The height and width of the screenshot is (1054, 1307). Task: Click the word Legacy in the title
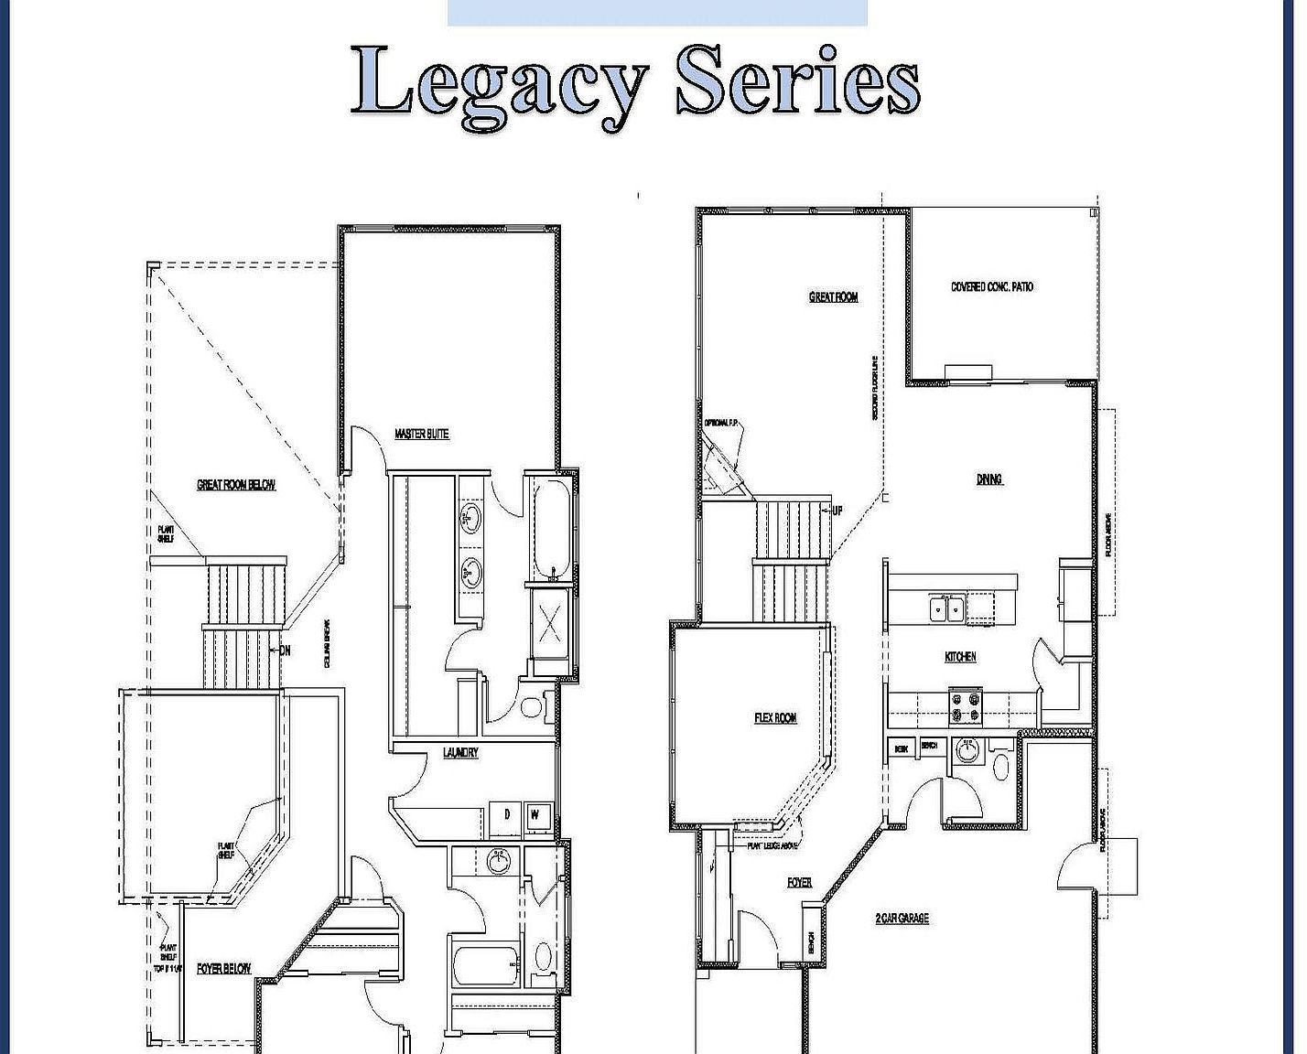tap(499, 84)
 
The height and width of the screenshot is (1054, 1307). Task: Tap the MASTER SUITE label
tap(422, 434)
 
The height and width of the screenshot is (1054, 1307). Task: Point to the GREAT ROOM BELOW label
tap(236, 485)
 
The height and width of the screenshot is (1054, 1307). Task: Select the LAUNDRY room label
tap(460, 753)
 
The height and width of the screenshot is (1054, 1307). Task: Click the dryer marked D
tap(505, 814)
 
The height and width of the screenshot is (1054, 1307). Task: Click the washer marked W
tap(536, 814)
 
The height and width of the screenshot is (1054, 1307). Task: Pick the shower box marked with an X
tap(549, 624)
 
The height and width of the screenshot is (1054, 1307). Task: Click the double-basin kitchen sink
tap(945, 608)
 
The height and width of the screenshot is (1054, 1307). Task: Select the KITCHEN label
tap(960, 657)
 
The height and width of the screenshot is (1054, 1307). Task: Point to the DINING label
tap(989, 479)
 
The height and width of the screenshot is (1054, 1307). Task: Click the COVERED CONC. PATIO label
tap(992, 286)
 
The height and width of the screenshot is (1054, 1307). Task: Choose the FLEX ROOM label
tap(775, 718)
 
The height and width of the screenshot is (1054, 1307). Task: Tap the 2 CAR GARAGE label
tap(902, 918)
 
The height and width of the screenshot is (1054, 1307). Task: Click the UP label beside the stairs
tap(837, 511)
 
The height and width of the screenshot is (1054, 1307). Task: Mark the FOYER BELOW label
tap(223, 968)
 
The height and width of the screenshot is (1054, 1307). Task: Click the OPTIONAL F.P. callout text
tap(721, 423)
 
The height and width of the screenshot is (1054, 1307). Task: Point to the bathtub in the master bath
tap(551, 526)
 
